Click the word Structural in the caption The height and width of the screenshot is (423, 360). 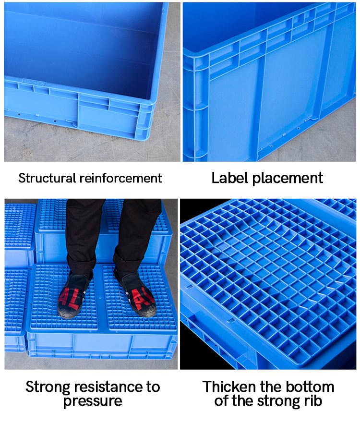[47, 178]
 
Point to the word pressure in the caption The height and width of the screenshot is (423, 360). [92, 401]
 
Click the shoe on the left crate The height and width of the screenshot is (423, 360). [74, 295]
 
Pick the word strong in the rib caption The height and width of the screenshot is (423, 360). [284, 401]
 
